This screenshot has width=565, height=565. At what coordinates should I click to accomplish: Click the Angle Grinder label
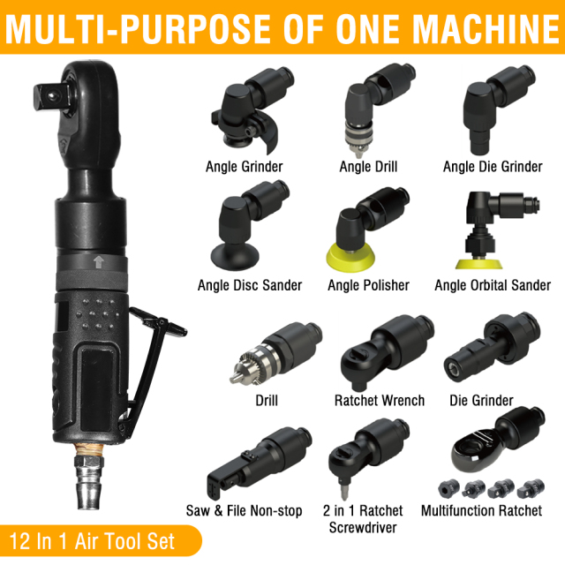[244, 166]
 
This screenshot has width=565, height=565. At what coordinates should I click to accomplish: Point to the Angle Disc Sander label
[250, 285]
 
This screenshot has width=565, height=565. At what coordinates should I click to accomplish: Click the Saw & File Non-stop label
[244, 511]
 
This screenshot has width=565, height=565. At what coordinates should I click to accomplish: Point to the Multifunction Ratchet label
[480, 511]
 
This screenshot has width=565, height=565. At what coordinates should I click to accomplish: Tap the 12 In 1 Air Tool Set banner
[93, 540]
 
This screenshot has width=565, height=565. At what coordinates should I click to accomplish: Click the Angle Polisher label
[368, 285]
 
